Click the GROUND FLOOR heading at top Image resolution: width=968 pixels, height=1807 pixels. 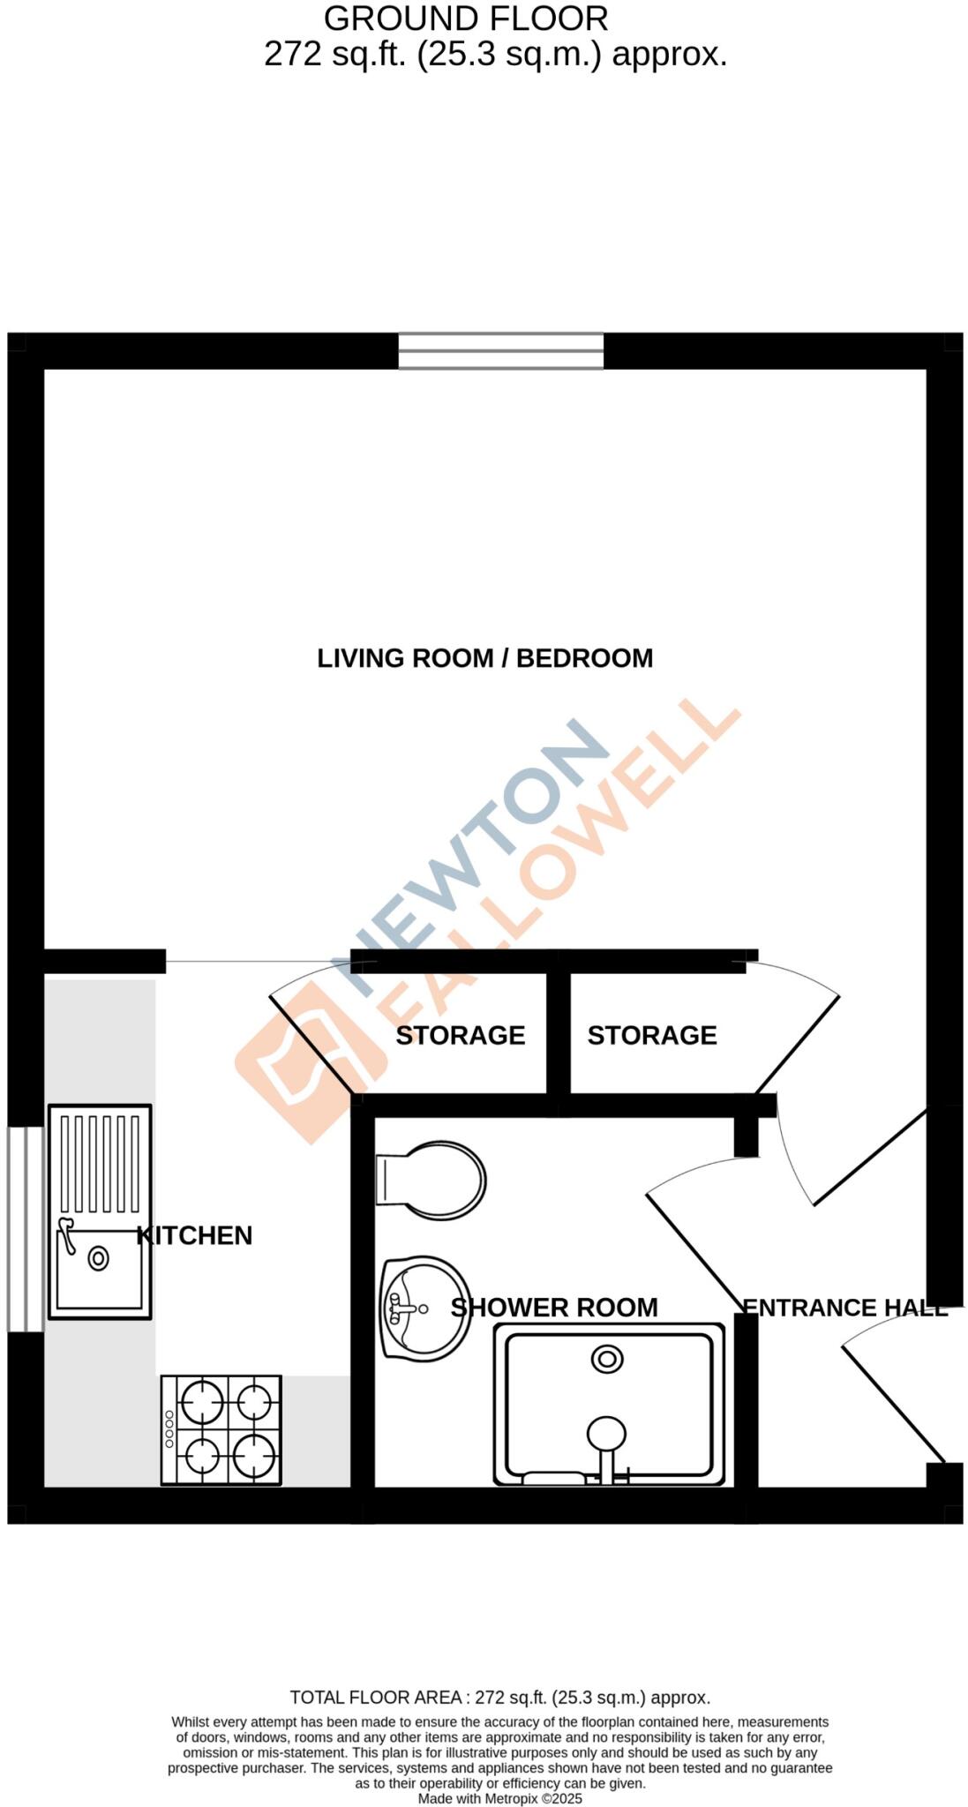click(x=466, y=19)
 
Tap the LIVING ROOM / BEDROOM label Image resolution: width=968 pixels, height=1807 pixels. click(x=484, y=658)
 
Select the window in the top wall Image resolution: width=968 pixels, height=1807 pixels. click(x=500, y=350)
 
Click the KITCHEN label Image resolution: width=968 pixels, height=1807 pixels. click(x=195, y=1235)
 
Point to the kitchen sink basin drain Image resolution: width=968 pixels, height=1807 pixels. click(x=98, y=1259)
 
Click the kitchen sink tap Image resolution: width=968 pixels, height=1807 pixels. click(x=66, y=1231)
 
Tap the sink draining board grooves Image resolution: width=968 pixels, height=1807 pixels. click(x=100, y=1163)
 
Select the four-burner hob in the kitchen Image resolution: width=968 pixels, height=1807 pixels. click(x=221, y=1429)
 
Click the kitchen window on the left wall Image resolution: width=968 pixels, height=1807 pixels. click(x=26, y=1229)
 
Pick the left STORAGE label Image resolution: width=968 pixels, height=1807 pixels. click(x=460, y=1035)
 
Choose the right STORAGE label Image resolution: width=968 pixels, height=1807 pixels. click(x=652, y=1035)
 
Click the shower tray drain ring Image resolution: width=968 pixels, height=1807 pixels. click(x=607, y=1359)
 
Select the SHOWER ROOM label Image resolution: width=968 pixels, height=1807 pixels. click(x=554, y=1308)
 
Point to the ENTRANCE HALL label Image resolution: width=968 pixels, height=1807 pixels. click(x=844, y=1308)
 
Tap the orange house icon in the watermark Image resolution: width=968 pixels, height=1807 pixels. click(x=309, y=1054)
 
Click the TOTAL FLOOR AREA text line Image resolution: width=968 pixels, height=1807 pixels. click(x=499, y=1698)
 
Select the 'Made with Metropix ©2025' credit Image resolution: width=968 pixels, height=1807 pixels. click(x=499, y=1798)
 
